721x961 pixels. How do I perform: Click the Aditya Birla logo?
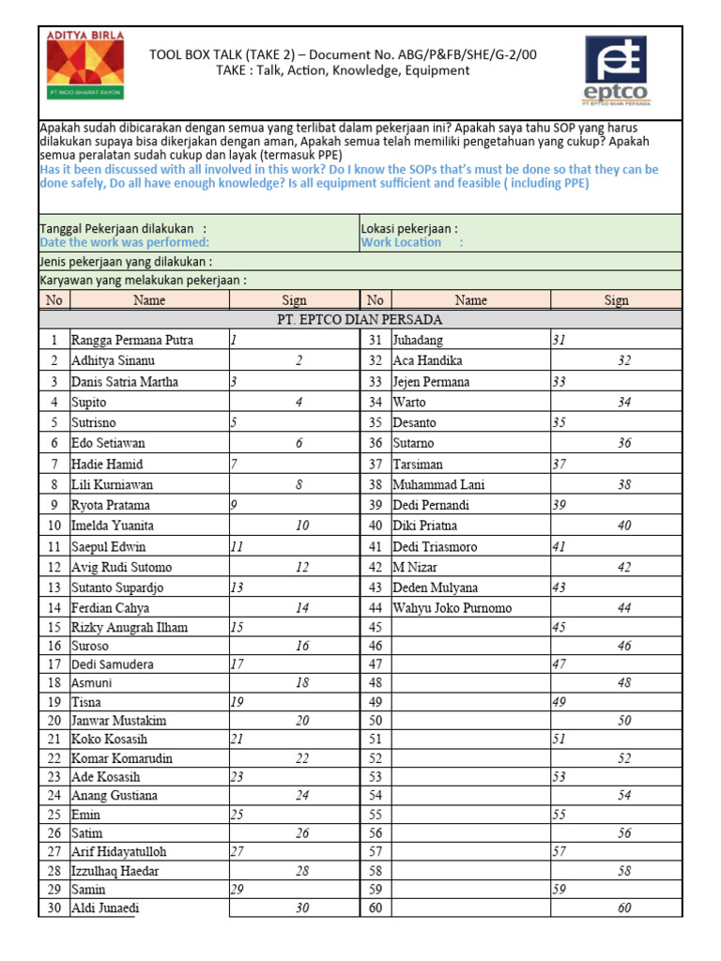(84, 66)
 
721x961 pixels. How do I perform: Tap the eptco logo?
(615, 71)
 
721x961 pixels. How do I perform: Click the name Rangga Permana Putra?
(132, 341)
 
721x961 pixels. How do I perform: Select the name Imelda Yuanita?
(113, 526)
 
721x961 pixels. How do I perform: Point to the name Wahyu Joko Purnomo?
(453, 608)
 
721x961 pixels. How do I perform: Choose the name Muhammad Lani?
(439, 485)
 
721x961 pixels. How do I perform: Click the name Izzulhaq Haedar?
(115, 871)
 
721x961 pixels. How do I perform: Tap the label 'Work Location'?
(401, 242)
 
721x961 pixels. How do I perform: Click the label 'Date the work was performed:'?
(124, 242)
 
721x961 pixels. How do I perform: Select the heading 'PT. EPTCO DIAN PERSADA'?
(360, 319)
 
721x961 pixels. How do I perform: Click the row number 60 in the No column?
(376, 908)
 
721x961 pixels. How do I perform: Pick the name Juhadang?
(418, 341)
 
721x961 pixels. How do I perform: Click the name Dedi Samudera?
(114, 664)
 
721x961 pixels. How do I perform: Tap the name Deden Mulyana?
(435, 587)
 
